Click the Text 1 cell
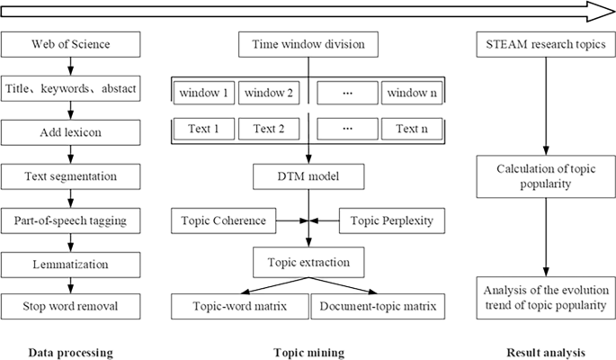[203, 129]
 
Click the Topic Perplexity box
[391, 219]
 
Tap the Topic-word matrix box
[238, 307]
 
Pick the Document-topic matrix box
[376, 307]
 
